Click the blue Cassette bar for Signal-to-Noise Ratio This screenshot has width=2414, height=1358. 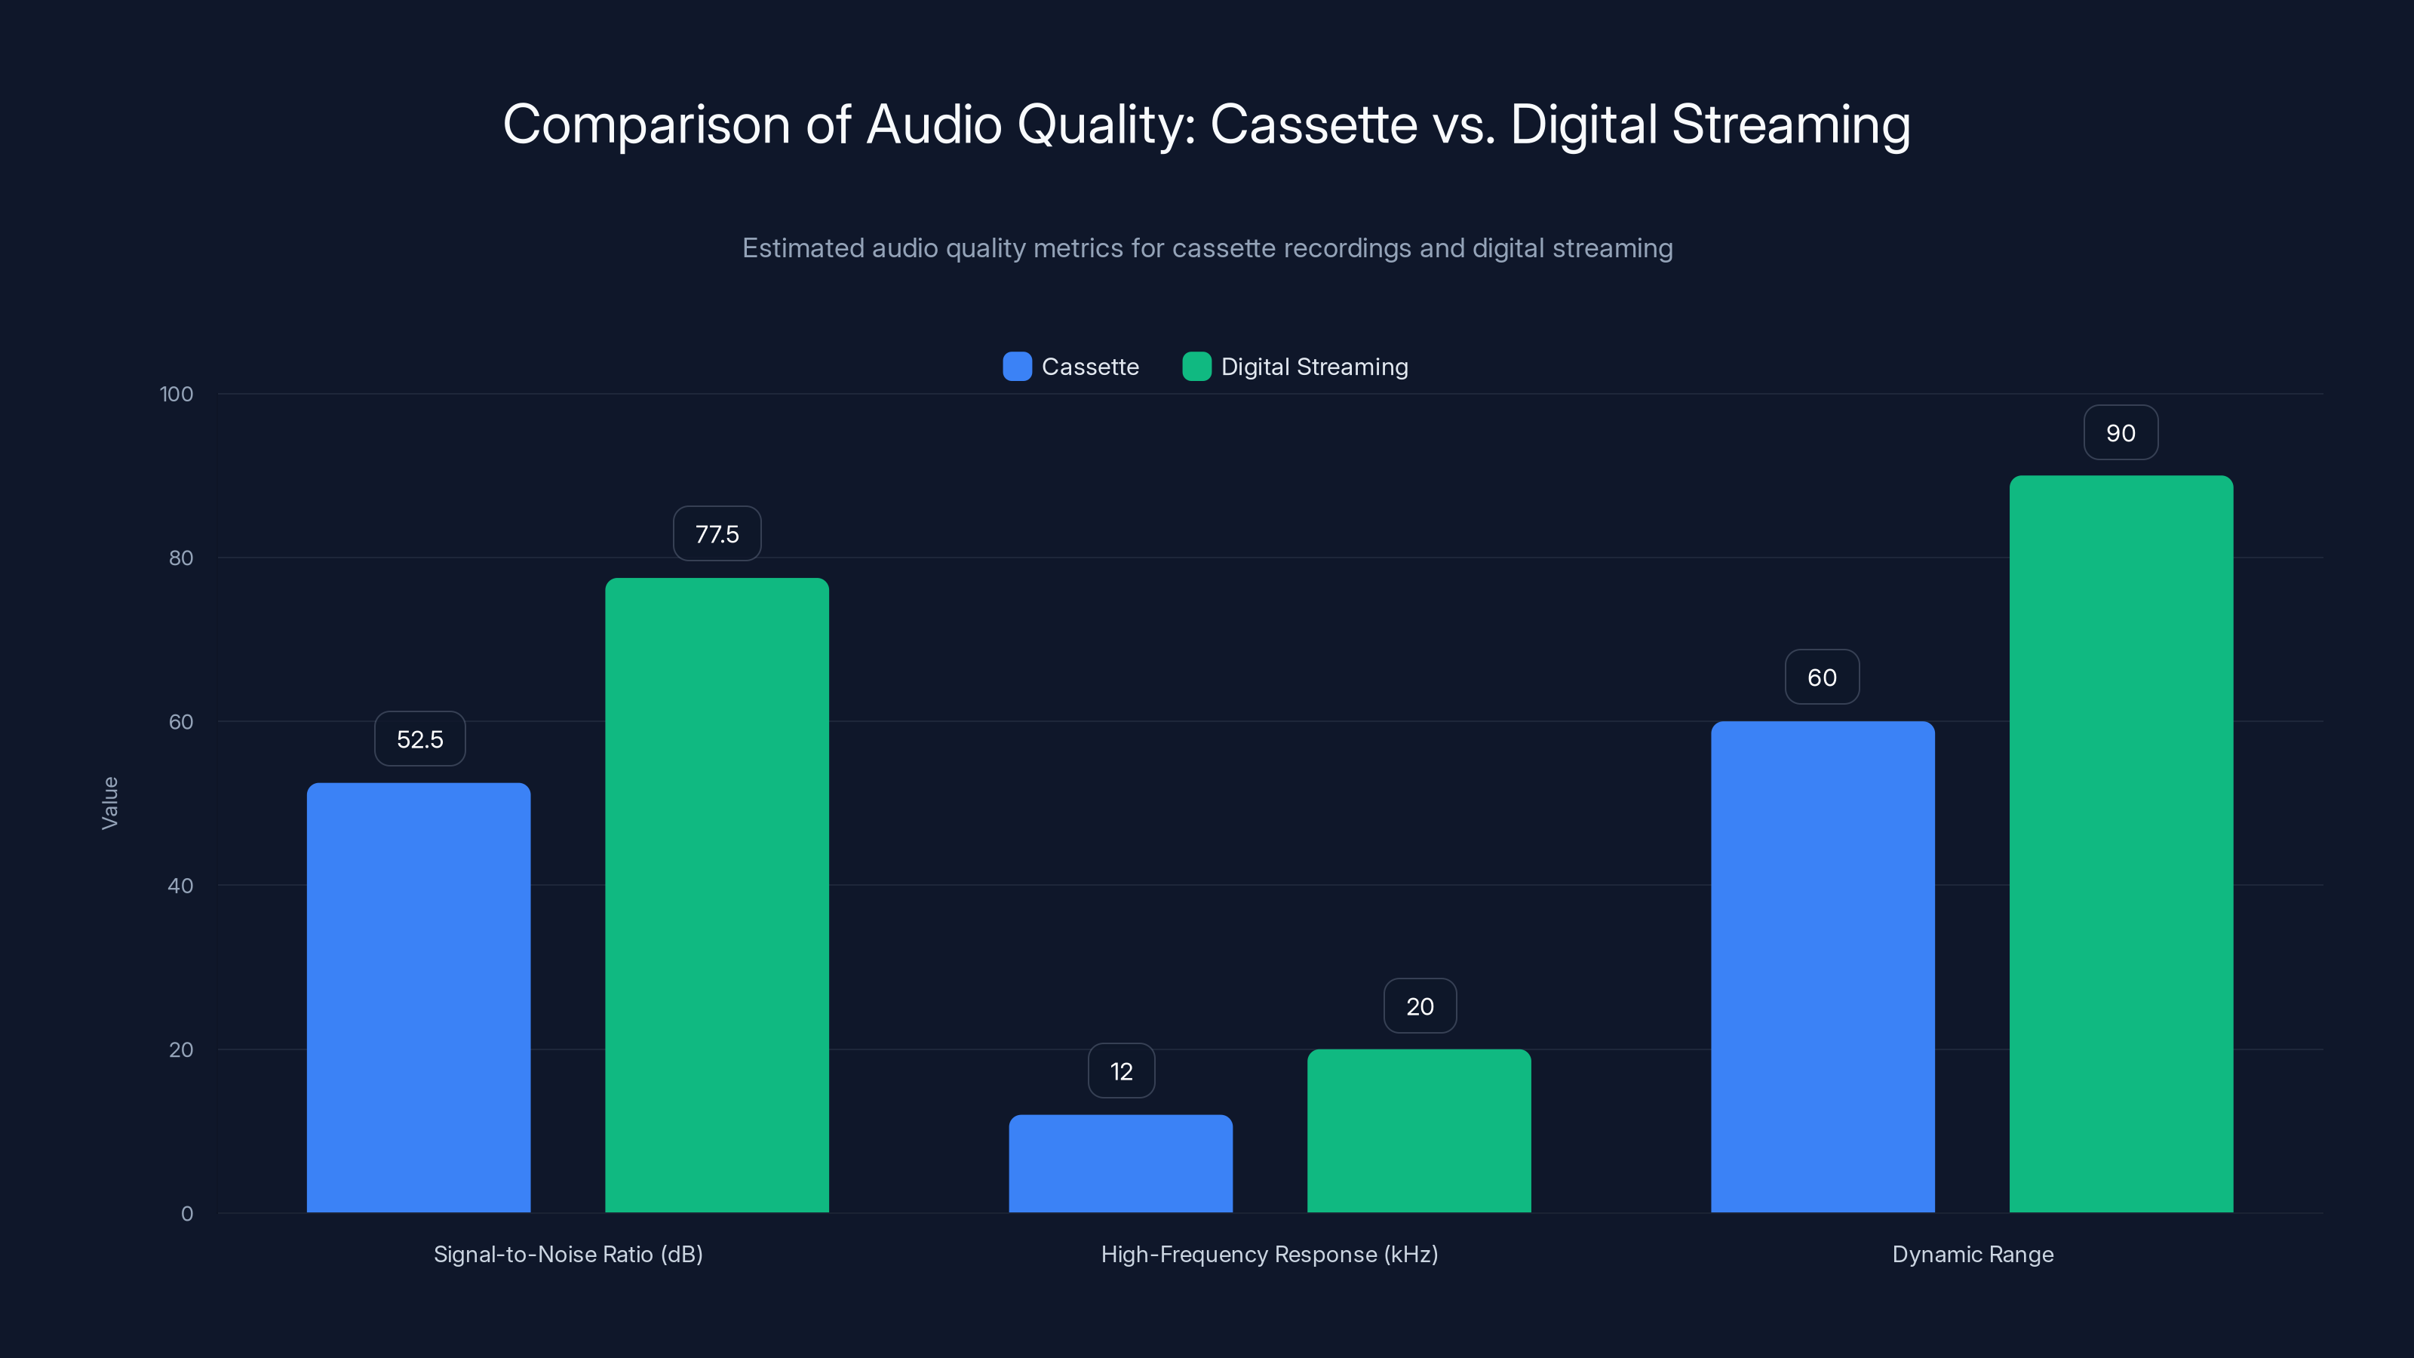[x=418, y=997]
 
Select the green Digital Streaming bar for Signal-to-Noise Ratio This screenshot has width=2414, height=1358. [x=717, y=895]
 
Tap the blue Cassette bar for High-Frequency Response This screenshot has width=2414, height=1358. [x=1121, y=1163]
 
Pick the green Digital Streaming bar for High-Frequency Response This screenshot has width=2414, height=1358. [x=1419, y=1130]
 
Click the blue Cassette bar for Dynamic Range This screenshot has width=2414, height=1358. [x=1823, y=966]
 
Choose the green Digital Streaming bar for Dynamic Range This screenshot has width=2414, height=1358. [x=2121, y=843]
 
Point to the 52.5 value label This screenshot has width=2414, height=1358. [x=420, y=739]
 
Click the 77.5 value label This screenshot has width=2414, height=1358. [x=717, y=534]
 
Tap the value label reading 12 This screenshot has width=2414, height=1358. [x=1121, y=1071]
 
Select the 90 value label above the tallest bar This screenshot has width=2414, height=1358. [x=2121, y=433]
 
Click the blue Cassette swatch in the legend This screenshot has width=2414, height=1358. [x=1017, y=367]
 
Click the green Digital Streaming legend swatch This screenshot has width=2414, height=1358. [x=1196, y=367]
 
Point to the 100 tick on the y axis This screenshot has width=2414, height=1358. [x=177, y=395]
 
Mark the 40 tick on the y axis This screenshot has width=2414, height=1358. [x=180, y=886]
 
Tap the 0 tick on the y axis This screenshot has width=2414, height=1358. [x=186, y=1214]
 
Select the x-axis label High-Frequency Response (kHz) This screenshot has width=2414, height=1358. [x=1269, y=1254]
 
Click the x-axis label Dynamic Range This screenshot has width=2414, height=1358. [x=1973, y=1254]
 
